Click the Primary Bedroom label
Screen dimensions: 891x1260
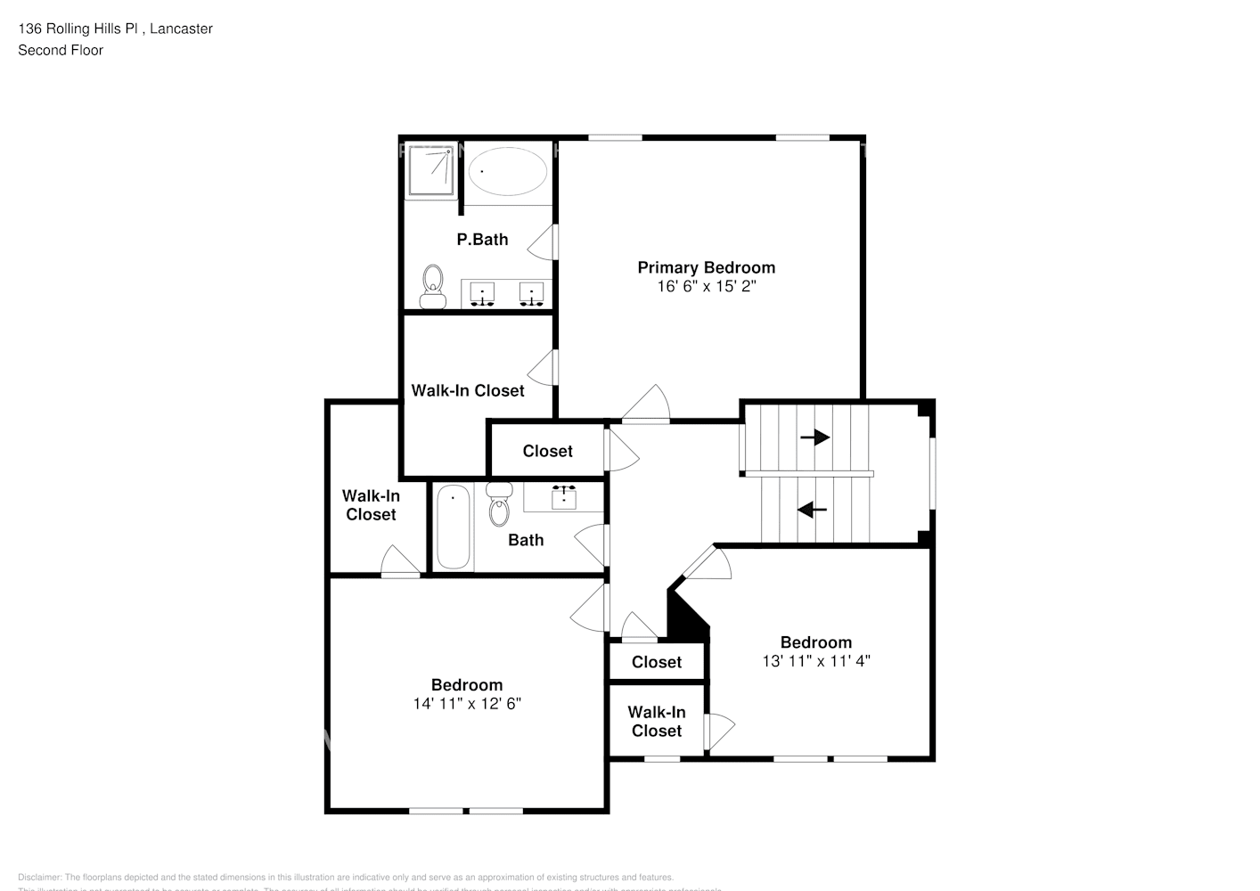[706, 267]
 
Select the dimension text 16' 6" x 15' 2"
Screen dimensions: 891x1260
[706, 287]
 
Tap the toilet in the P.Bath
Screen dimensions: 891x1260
[433, 286]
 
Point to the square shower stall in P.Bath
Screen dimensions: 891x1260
[430, 171]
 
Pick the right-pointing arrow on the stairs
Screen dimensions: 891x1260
[814, 437]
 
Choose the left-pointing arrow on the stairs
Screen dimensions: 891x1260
[812, 510]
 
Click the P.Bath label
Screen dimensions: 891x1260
[482, 240]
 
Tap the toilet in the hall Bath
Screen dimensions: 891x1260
[498, 505]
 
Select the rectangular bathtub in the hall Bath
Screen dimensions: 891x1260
[453, 527]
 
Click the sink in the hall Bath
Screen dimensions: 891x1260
[563, 496]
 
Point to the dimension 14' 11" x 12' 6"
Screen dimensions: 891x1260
[467, 704]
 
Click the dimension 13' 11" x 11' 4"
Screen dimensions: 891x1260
[815, 661]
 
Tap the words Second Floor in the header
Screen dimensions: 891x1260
[61, 50]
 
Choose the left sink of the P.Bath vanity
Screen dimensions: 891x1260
[482, 294]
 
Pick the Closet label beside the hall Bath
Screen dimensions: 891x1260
[547, 452]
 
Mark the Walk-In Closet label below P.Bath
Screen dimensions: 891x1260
[467, 390]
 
